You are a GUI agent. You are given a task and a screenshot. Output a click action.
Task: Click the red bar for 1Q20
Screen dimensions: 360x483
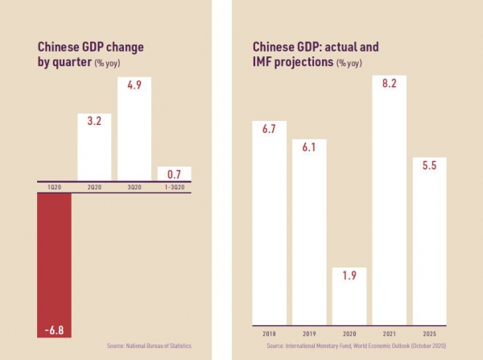pos(53,266)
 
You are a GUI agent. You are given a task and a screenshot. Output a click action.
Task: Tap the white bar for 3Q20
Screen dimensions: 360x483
pos(134,129)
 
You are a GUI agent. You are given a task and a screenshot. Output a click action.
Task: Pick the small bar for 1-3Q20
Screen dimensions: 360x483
pos(173,173)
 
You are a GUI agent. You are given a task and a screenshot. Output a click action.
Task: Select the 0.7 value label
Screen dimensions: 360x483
pos(173,173)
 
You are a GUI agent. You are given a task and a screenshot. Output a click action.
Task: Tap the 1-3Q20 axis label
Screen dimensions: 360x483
pos(173,186)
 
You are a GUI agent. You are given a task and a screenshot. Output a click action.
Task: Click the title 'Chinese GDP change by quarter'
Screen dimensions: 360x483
pos(81,55)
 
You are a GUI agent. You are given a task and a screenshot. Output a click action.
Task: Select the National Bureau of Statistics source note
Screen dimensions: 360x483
pos(149,346)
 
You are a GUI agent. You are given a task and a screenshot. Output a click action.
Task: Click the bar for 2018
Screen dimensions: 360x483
pos(270,226)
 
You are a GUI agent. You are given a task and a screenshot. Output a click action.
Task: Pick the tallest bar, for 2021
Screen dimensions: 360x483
pos(388,201)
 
